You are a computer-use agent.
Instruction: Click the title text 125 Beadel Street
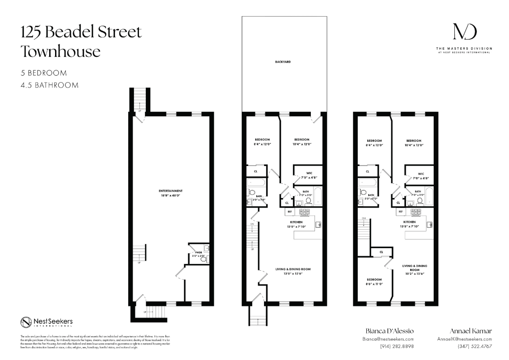click(81, 32)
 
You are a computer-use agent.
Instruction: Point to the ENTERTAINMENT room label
click(171, 191)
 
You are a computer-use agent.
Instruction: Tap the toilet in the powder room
click(203, 259)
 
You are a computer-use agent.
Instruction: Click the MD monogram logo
click(464, 32)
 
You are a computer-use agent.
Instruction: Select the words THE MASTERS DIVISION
click(464, 48)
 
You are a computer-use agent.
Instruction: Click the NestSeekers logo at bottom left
click(46, 322)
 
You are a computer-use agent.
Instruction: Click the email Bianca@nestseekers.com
click(388, 339)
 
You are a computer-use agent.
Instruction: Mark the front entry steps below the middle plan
click(258, 321)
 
